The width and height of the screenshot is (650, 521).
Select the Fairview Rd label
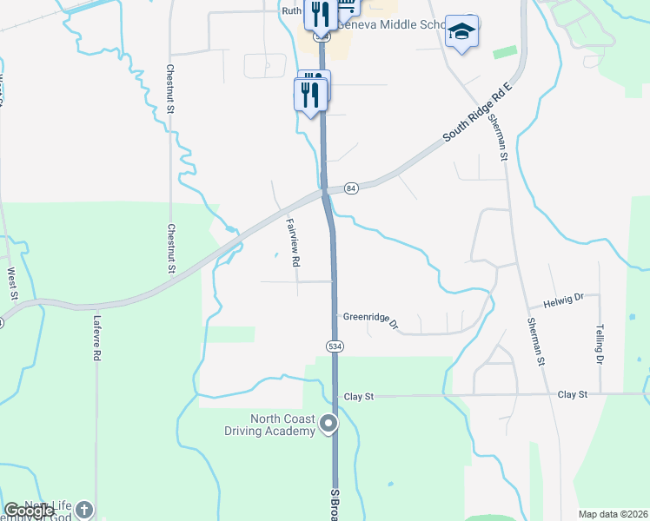[293, 241]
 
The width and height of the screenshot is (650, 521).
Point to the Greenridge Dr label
[370, 320]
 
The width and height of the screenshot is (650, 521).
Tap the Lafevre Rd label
[97, 338]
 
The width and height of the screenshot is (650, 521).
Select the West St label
[12, 284]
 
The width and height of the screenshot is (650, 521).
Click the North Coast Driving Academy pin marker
[328, 424]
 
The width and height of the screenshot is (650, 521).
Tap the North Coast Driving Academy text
[282, 425]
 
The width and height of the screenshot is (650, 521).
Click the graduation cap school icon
[461, 32]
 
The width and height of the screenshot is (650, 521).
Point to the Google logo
[29, 511]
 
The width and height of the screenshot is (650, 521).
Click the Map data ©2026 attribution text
[614, 514]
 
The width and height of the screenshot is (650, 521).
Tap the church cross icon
[83, 509]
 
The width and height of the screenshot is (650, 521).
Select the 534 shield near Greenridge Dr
[335, 346]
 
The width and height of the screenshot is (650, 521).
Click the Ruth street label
[291, 10]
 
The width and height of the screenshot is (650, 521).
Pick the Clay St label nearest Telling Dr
[573, 394]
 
